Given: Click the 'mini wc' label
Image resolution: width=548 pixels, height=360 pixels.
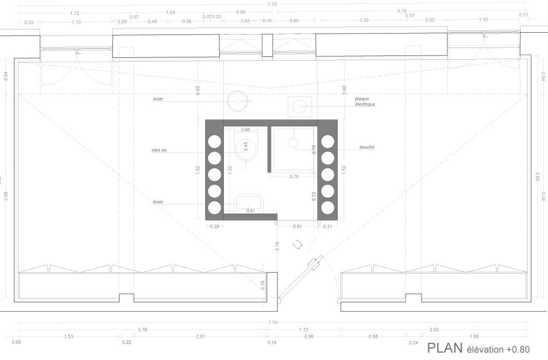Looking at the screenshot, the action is (159, 150).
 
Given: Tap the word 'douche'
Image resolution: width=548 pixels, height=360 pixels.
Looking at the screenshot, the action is (367, 147).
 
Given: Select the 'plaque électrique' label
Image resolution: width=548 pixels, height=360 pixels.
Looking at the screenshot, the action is (365, 102).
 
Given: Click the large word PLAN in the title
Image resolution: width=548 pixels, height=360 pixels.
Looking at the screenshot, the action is (444, 348).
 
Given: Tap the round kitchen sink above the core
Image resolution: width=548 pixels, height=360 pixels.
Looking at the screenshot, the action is (238, 101).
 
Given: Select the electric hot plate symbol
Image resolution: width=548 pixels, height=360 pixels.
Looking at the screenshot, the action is (300, 107).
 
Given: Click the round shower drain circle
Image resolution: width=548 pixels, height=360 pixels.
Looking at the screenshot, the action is (293, 142).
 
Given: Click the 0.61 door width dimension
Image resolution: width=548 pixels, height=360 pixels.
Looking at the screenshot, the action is (298, 227).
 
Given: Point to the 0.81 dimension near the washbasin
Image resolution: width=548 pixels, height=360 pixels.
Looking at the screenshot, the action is (250, 211).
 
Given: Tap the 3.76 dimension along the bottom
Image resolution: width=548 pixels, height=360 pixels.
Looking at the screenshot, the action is (142, 329).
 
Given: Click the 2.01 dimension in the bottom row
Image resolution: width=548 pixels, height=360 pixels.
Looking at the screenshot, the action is (200, 336).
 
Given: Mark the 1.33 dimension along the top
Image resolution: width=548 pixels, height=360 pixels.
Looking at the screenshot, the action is (364, 20).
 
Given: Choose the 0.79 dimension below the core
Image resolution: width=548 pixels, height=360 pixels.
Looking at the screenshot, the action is (277, 246).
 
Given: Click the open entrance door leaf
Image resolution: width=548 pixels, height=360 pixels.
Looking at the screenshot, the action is (299, 278).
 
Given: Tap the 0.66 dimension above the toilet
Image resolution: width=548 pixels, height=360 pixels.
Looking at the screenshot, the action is (246, 130).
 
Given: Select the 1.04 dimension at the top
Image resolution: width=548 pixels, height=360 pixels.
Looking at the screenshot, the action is (171, 13).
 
